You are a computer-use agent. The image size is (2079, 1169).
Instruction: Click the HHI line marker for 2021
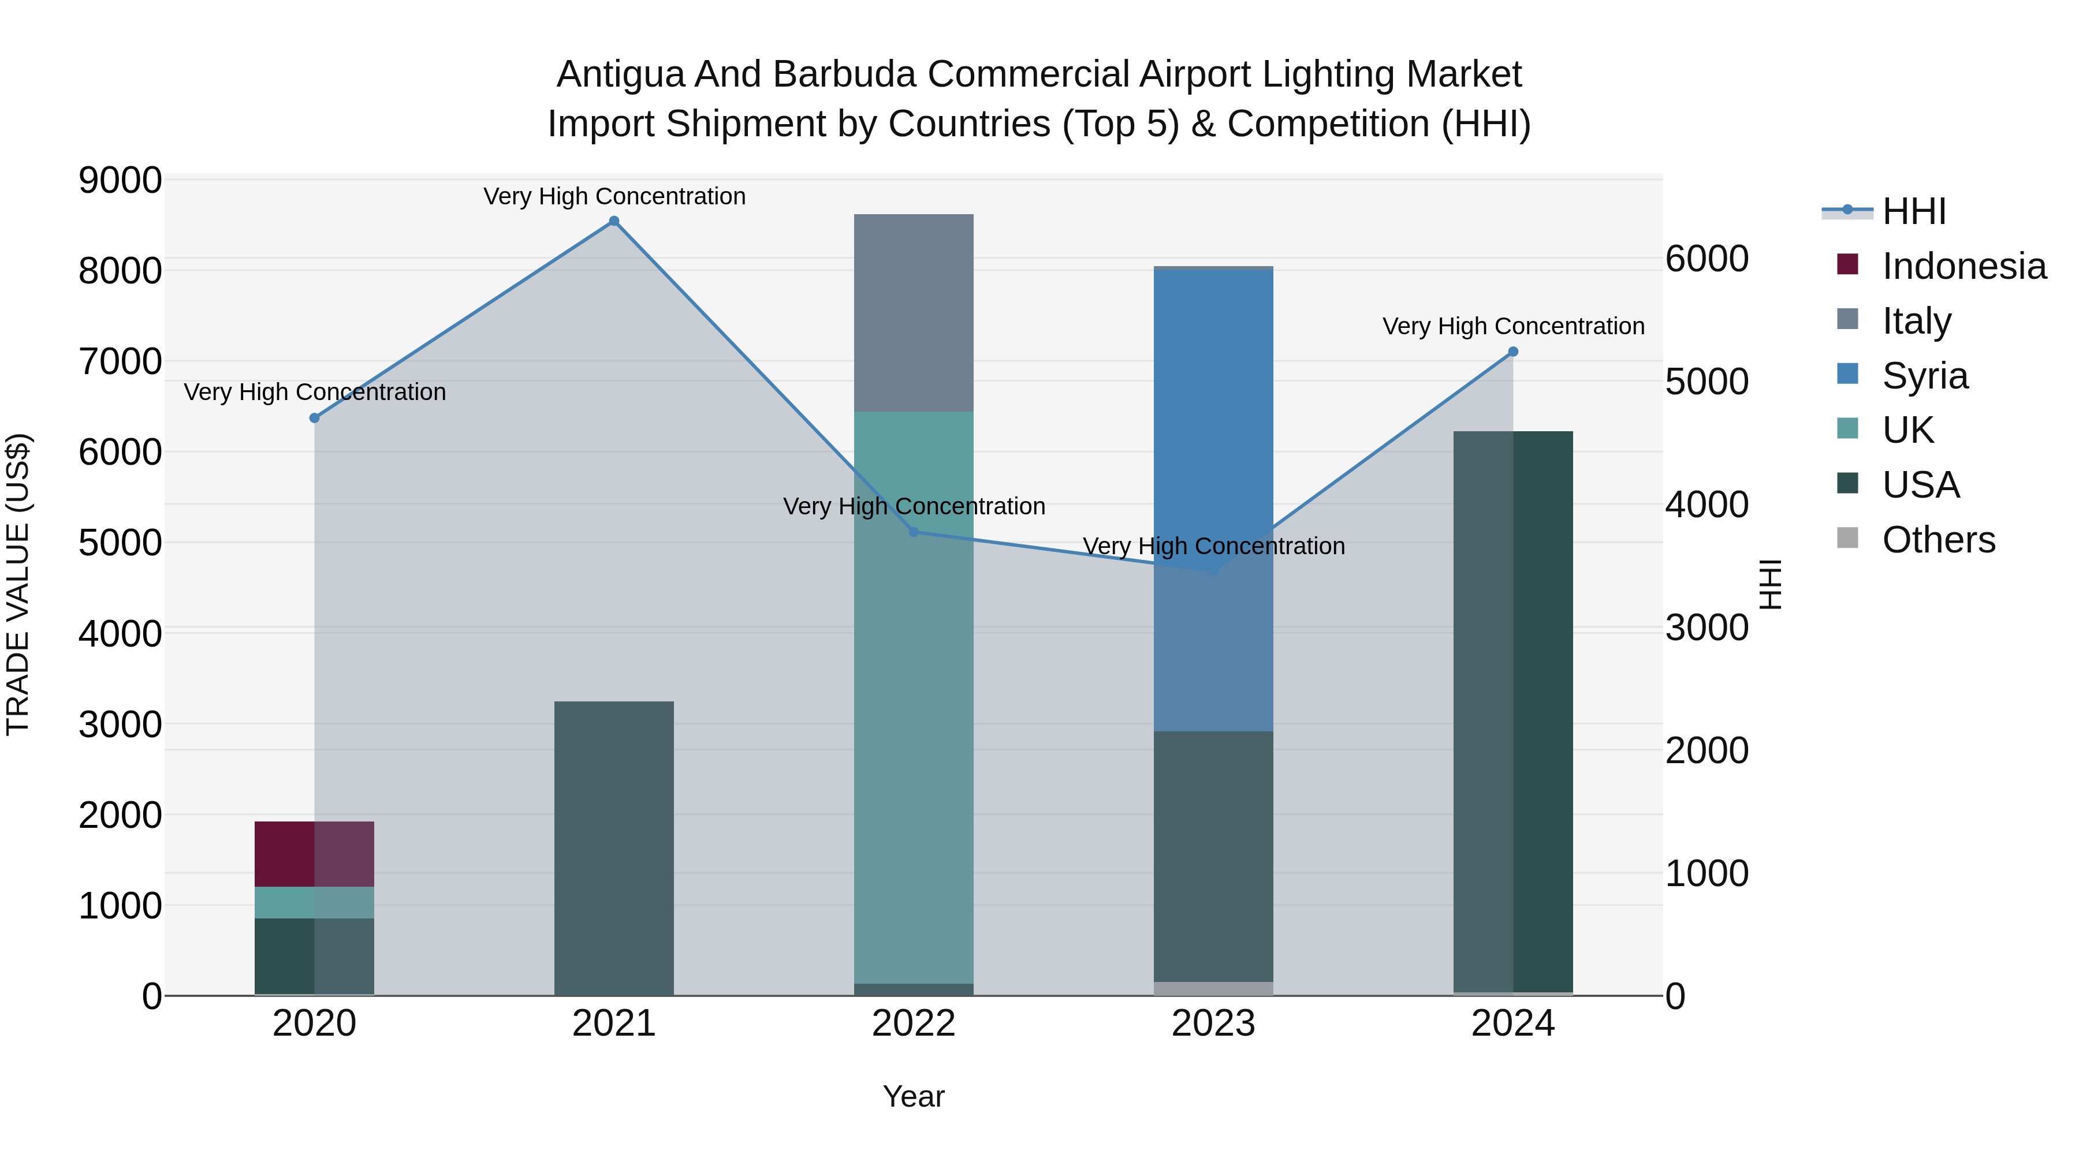point(614,221)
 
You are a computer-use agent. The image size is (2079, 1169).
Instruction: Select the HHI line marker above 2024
point(1513,352)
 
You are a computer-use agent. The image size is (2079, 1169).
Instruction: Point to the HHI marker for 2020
point(315,418)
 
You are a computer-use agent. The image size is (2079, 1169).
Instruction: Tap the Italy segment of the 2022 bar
point(914,313)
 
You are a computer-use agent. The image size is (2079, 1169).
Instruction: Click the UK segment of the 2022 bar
point(914,698)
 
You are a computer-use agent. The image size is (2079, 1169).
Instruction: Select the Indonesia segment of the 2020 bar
point(314,854)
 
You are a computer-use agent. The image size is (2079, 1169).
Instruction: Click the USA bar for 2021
point(614,849)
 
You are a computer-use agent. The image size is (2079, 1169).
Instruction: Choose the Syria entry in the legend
point(1925,376)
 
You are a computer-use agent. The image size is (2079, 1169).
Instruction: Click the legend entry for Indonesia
point(1963,266)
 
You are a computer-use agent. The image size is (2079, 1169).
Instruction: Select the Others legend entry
point(1938,540)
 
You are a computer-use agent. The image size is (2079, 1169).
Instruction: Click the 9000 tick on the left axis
point(120,180)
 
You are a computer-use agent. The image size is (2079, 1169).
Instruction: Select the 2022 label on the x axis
point(914,1024)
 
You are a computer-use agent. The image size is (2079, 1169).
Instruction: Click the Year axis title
point(914,1096)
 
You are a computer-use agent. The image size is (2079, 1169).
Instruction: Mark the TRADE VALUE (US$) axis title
point(18,584)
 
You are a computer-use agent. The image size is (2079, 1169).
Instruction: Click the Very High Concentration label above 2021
point(614,196)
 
